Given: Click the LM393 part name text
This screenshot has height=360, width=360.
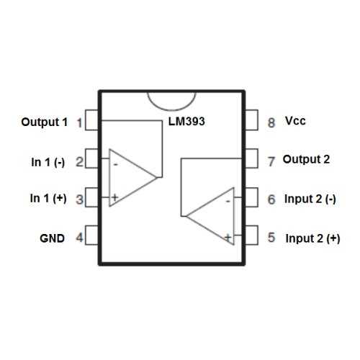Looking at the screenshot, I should [x=187, y=122].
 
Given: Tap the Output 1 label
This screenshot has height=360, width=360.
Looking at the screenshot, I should [x=44, y=122].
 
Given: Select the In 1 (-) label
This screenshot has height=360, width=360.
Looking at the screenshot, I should [x=48, y=162].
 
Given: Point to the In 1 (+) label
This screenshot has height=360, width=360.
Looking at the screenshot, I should [x=48, y=199].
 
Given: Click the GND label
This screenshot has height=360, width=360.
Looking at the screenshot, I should [x=52, y=237].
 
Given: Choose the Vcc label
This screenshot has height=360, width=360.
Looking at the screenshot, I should [x=295, y=121].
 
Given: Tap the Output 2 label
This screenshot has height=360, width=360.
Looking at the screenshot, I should [x=306, y=159].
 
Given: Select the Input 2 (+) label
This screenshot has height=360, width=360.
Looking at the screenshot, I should [x=312, y=238].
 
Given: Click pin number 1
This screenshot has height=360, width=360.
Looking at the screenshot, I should [x=78, y=122].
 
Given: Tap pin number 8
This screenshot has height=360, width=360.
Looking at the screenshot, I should [x=271, y=122].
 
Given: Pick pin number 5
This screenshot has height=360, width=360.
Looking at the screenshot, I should [x=271, y=237].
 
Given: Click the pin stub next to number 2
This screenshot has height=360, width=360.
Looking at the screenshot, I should [x=91, y=161].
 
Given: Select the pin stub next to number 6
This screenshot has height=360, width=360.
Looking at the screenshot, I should [x=252, y=197].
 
